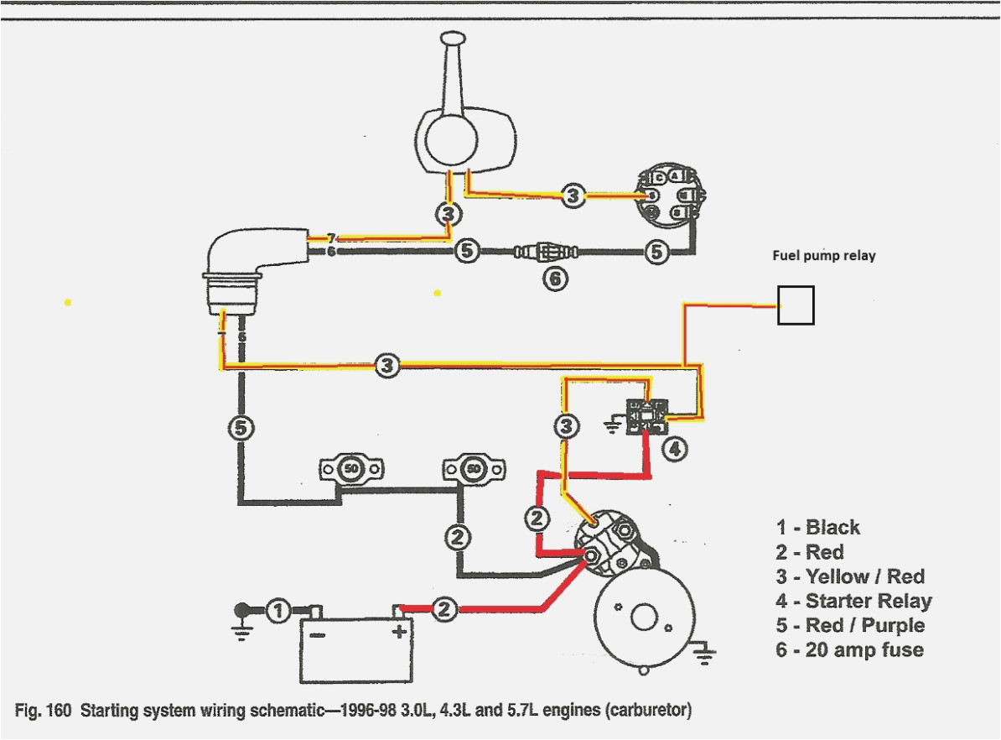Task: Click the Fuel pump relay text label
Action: pyautogui.click(x=823, y=256)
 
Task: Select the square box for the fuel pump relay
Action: pyautogui.click(x=796, y=305)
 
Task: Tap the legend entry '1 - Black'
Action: pyautogui.click(x=817, y=528)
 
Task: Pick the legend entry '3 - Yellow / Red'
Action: pyautogui.click(x=850, y=576)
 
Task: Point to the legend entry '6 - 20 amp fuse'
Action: pyautogui.click(x=849, y=649)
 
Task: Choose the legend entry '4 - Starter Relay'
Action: pyautogui.click(x=853, y=601)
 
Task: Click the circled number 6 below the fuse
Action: pyautogui.click(x=554, y=279)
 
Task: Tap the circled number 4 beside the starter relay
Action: pyautogui.click(x=675, y=450)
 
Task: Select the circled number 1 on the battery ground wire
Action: pyautogui.click(x=279, y=610)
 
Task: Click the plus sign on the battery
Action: pyautogui.click(x=399, y=631)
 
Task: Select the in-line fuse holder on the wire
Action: pyautogui.click(x=545, y=250)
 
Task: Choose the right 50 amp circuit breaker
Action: pyautogui.click(x=475, y=469)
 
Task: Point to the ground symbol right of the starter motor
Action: pyautogui.click(x=705, y=651)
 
